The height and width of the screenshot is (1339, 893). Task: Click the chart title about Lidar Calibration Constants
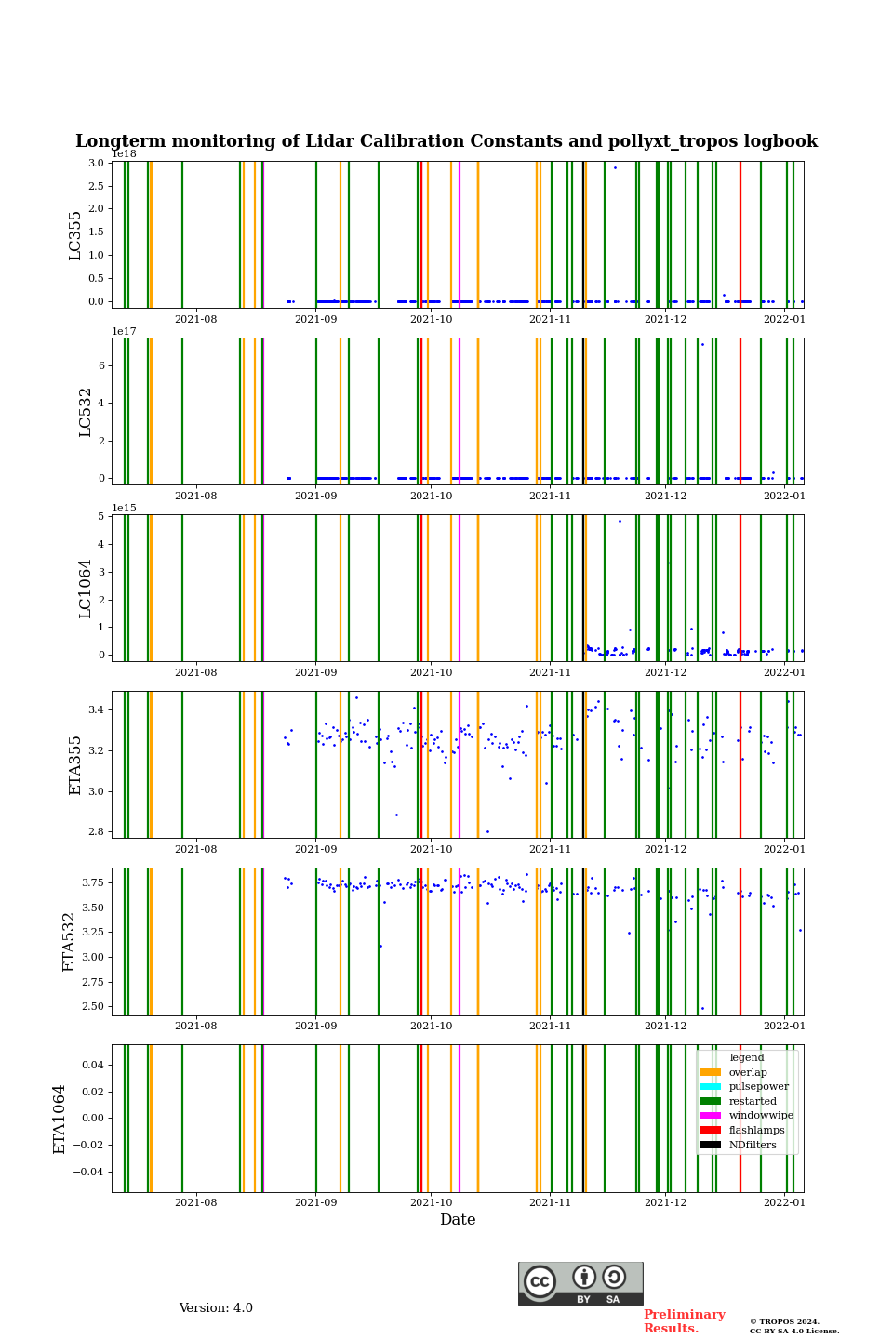[x=446, y=141]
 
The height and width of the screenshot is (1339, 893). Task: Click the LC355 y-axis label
[x=75, y=235]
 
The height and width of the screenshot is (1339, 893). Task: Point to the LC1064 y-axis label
[x=85, y=589]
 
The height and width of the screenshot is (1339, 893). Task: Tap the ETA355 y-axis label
[x=75, y=765]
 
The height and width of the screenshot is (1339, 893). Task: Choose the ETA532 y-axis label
[x=69, y=942]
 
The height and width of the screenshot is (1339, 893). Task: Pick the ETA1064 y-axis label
[x=60, y=1119]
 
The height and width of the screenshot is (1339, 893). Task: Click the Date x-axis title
[x=458, y=1220]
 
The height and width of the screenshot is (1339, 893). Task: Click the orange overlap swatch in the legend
[x=711, y=1072]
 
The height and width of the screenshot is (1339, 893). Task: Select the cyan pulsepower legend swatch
[x=711, y=1086]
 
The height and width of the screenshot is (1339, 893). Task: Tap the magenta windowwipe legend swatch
[x=711, y=1115]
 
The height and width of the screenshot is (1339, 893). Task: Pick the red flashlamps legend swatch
[x=711, y=1130]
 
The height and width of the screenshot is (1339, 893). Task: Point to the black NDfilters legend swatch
[x=711, y=1145]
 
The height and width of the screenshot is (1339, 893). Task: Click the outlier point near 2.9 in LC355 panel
[x=615, y=167]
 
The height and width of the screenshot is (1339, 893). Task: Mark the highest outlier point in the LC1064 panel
[x=620, y=521]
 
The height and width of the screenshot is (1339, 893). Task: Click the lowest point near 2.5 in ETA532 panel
[x=702, y=1008]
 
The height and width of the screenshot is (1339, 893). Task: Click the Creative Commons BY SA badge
[x=580, y=1283]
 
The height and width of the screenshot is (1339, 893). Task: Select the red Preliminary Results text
[x=684, y=1321]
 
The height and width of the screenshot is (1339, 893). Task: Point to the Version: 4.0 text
[x=216, y=1308]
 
